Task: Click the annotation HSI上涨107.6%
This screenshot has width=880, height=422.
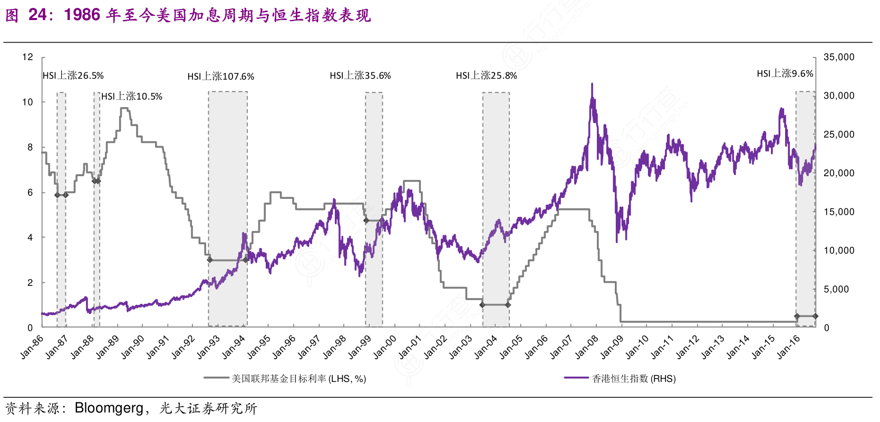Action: [x=220, y=76]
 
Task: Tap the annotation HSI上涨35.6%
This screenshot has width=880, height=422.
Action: [x=360, y=75]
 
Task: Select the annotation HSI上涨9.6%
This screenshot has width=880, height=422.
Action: [x=785, y=74]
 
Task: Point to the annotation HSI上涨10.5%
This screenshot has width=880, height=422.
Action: [x=132, y=96]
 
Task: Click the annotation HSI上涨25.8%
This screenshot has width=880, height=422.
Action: [x=486, y=75]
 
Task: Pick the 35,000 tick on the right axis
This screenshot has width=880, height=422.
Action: [x=838, y=57]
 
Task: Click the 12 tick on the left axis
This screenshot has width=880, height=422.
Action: [x=27, y=57]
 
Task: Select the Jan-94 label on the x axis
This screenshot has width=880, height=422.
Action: [x=233, y=347]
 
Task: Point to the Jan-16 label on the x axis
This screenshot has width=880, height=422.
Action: [x=788, y=347]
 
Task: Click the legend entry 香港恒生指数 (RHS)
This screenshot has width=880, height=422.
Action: [x=633, y=379]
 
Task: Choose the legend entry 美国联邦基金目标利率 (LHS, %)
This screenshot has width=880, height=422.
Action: [x=298, y=379]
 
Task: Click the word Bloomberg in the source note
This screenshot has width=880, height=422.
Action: [x=109, y=408]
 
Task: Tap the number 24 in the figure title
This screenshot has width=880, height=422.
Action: [x=37, y=15]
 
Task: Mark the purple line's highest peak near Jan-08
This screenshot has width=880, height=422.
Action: [x=592, y=84]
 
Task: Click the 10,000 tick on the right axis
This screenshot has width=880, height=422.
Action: [x=838, y=251]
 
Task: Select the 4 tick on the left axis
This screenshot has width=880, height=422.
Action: [x=30, y=237]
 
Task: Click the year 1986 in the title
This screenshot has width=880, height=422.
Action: [x=82, y=15]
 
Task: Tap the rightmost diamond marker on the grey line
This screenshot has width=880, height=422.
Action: [x=815, y=316]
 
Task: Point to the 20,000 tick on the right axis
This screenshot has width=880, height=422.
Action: [x=838, y=173]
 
